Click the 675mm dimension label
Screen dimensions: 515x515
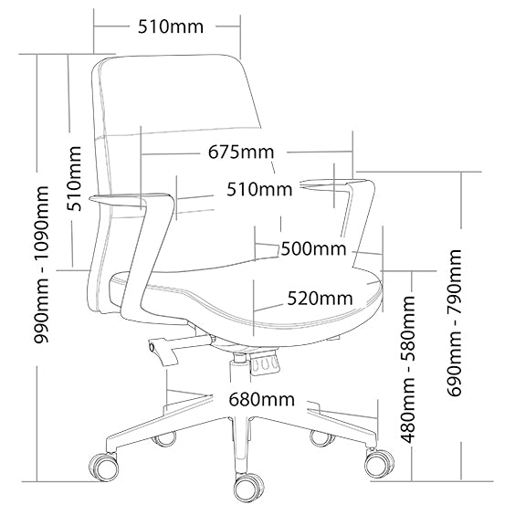pos(241,152)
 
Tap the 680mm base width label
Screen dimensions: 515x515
pos(261,400)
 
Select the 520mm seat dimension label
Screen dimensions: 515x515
pos(321,299)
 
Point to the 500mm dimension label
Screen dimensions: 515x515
pos(313,248)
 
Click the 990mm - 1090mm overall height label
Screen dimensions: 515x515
pos(41,265)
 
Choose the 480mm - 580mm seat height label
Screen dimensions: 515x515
pos(408,369)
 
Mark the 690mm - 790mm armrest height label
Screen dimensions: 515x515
pos(454,322)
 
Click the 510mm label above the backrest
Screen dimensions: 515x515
pos(171,26)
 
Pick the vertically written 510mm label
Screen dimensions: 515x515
pos(74,179)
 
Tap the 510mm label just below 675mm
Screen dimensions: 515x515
pos(259,190)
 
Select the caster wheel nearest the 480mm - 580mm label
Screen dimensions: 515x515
pos(379,461)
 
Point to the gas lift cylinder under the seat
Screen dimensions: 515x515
pos(240,367)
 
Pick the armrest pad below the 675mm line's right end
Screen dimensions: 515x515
pos(337,184)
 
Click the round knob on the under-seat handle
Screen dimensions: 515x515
pos(152,346)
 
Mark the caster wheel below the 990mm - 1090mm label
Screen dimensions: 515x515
pos(104,466)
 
